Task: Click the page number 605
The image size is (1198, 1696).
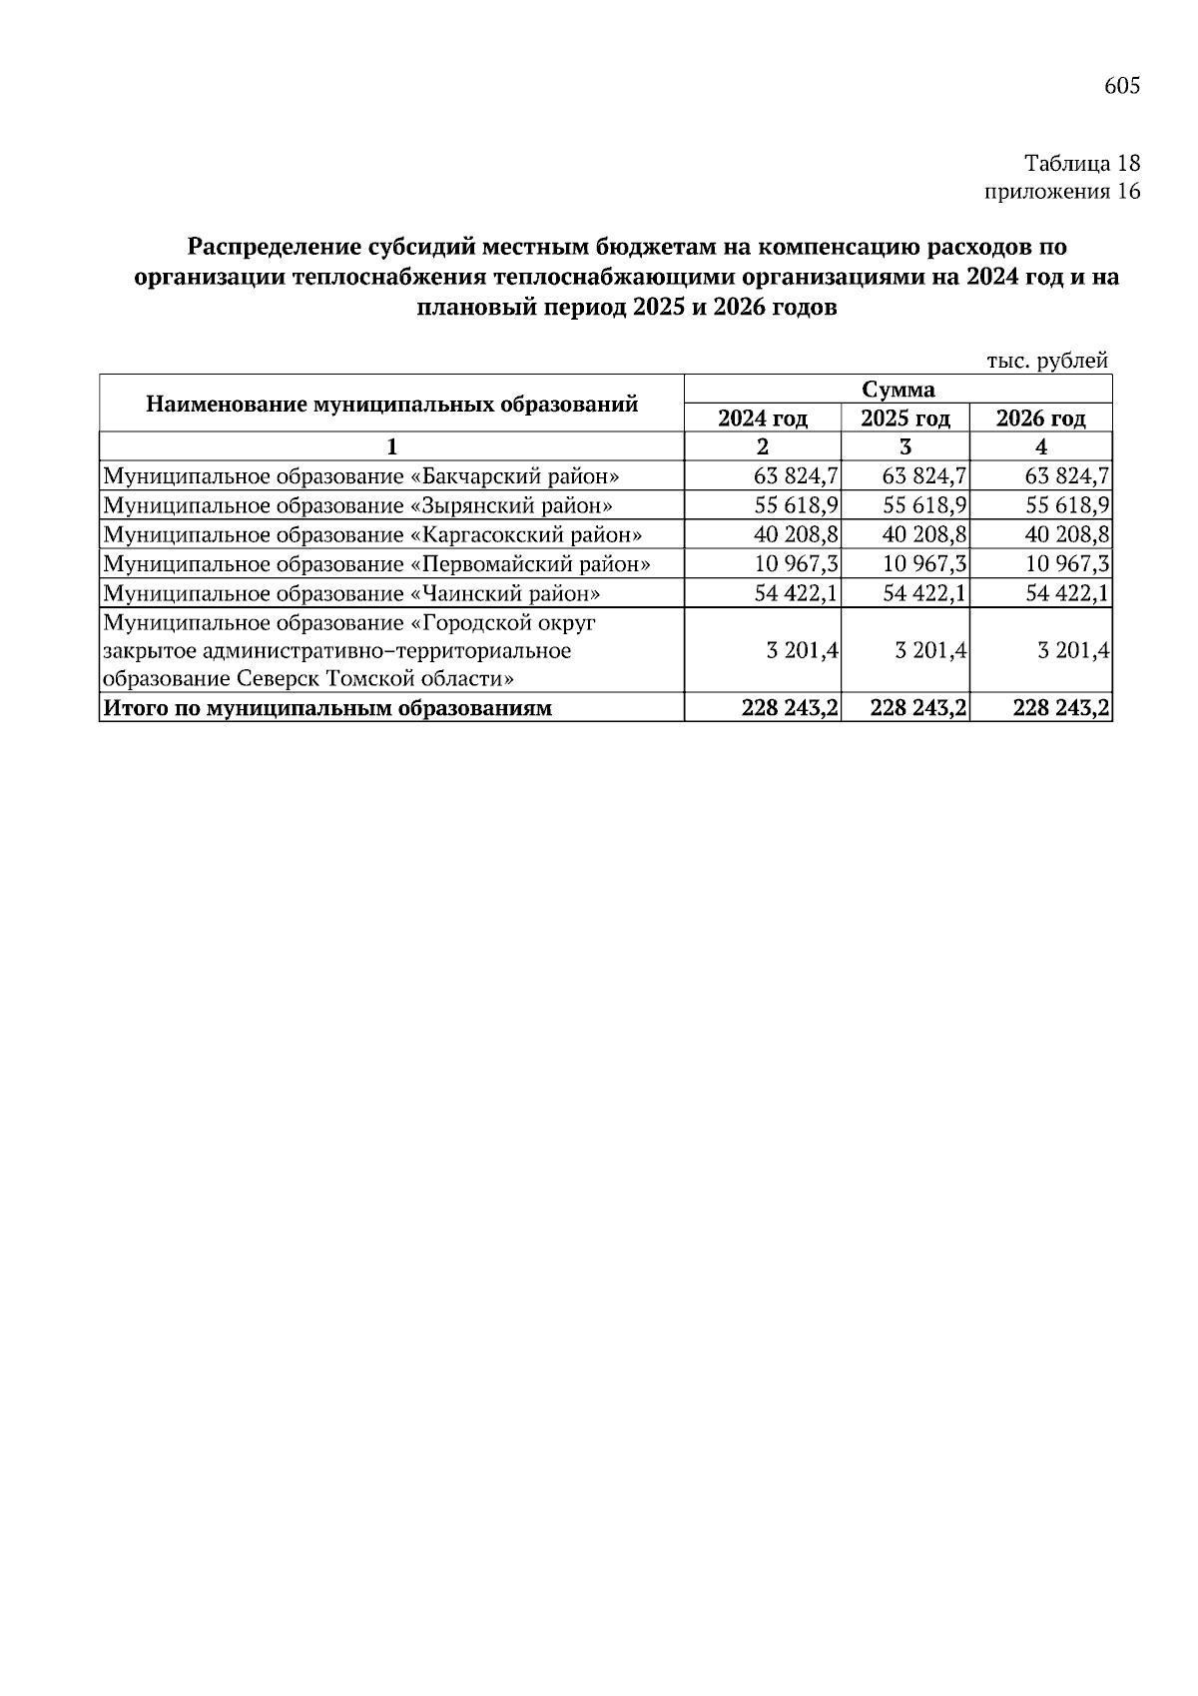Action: [1121, 87]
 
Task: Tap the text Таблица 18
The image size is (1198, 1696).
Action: [1081, 163]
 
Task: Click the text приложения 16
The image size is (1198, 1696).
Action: [1062, 192]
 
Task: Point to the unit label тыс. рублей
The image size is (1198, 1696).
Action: [1047, 361]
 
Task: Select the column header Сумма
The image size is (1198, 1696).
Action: [898, 389]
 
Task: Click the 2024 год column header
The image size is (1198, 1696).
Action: [763, 418]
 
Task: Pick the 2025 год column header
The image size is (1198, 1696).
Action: [904, 418]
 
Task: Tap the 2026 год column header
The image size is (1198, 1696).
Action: [1040, 418]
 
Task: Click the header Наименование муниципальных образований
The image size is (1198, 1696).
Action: [391, 404]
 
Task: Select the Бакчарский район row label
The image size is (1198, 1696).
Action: [361, 475]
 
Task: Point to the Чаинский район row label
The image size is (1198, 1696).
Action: [352, 593]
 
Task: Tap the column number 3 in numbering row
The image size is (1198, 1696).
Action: [905, 446]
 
